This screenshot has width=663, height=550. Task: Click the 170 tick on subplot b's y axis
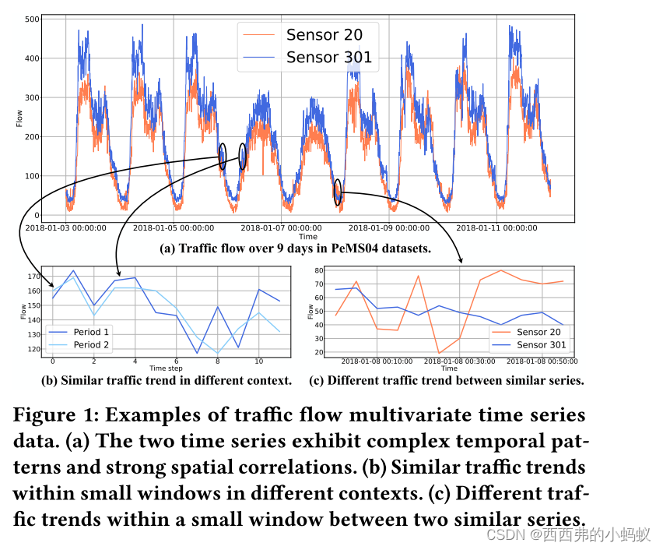coord(33,277)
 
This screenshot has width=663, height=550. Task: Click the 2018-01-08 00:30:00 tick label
coord(460,361)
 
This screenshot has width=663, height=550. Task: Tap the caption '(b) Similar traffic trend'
coord(166,381)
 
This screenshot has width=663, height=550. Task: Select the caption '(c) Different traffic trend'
coord(456,381)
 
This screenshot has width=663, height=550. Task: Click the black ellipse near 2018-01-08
coord(338,192)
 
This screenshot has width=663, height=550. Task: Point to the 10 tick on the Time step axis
coord(258,361)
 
